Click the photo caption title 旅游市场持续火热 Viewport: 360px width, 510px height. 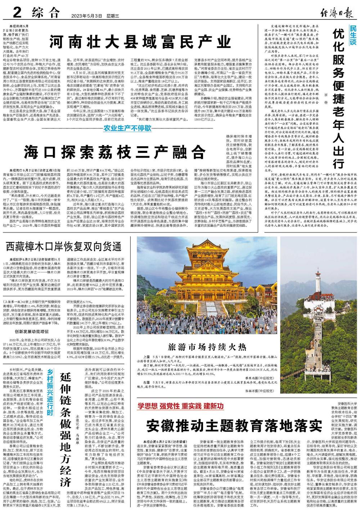207,347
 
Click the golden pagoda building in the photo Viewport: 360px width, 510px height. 216,274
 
